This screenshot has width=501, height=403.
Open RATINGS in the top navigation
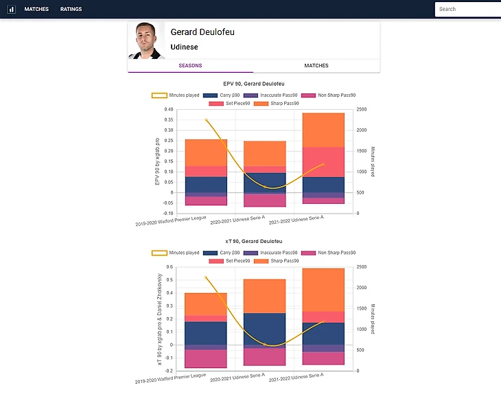[x=71, y=9]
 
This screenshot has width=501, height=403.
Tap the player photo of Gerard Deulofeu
[x=145, y=41]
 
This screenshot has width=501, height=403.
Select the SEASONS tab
[x=190, y=66]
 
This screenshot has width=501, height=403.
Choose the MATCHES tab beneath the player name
[x=316, y=66]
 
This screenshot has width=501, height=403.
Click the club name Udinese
[x=184, y=47]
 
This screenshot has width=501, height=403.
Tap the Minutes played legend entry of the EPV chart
[x=176, y=95]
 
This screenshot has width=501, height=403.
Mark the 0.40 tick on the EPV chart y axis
[x=168, y=110]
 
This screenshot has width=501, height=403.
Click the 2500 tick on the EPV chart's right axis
[x=362, y=110]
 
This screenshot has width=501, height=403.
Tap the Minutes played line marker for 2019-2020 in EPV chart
[x=206, y=120]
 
